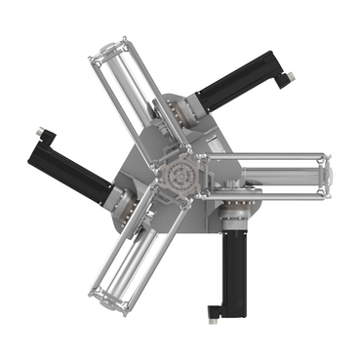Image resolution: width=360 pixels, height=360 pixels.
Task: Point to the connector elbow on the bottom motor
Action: coord(217,310)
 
